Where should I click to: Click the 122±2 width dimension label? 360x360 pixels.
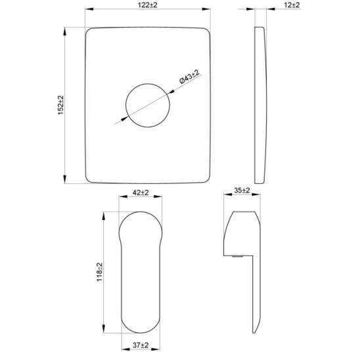pyautogui.click(x=147, y=5)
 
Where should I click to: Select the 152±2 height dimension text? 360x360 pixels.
pyautogui.click(x=60, y=105)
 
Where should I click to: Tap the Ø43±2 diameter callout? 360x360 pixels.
pyautogui.click(x=189, y=77)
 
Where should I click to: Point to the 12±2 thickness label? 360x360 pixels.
pyautogui.click(x=292, y=5)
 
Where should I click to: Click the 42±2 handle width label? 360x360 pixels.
pyautogui.click(x=141, y=192)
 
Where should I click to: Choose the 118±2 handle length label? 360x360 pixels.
pyautogui.click(x=99, y=272)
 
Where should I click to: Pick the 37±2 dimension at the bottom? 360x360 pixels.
pyautogui.click(x=141, y=345)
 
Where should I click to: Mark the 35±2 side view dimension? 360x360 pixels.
pyautogui.click(x=242, y=191)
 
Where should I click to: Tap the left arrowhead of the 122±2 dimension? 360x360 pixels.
pyautogui.click(x=89, y=9)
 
